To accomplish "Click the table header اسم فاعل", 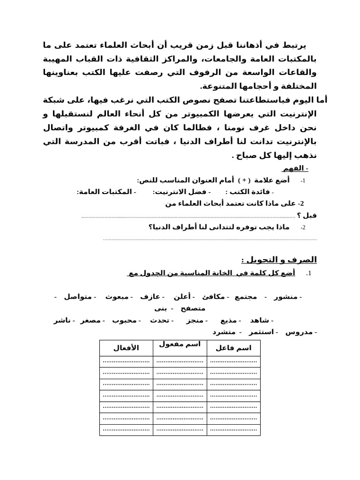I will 233,348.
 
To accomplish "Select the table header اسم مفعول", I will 180,345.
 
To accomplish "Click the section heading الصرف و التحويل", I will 279,260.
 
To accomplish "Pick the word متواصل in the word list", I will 78,297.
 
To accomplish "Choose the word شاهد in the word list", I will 260,320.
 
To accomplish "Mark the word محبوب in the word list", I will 126,320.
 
